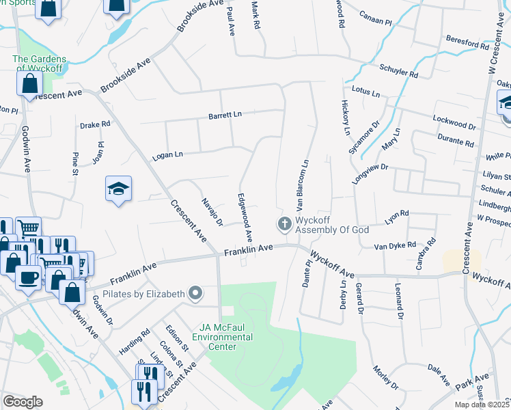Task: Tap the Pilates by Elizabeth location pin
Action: (x=196, y=294)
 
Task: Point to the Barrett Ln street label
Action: (x=225, y=115)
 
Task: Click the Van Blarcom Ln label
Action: (x=302, y=184)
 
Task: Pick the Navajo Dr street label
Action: (x=212, y=212)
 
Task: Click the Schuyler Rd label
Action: (x=399, y=71)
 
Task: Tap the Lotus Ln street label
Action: (x=365, y=90)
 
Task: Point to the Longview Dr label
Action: (x=370, y=174)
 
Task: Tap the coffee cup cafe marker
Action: (x=29, y=278)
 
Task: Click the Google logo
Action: (x=23, y=401)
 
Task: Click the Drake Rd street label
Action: (x=95, y=125)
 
